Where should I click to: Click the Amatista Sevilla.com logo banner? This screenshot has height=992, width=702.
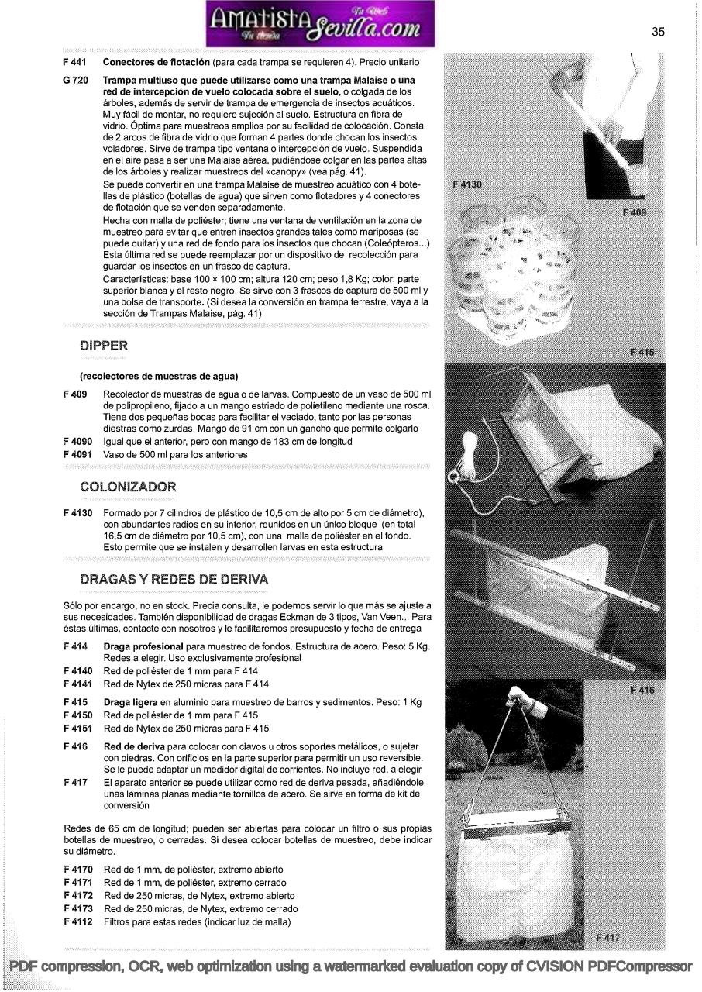(x=321, y=25)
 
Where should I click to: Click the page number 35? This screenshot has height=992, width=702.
(x=658, y=32)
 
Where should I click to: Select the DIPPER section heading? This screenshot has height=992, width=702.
(x=104, y=346)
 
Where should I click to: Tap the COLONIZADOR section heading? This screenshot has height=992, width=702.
(x=128, y=487)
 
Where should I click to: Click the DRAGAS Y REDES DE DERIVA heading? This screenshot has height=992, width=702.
(x=174, y=579)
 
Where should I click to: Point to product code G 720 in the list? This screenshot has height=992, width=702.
(x=74, y=81)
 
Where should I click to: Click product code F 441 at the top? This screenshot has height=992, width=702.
(x=74, y=61)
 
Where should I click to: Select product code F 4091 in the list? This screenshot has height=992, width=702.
(x=77, y=454)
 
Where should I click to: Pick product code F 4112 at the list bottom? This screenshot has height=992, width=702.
(x=77, y=921)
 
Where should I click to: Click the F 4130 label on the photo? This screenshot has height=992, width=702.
(x=467, y=184)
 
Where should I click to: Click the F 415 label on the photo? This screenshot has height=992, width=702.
(x=642, y=353)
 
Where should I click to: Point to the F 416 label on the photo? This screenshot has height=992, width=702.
(x=642, y=689)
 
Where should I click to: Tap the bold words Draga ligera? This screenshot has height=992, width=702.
(x=130, y=702)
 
